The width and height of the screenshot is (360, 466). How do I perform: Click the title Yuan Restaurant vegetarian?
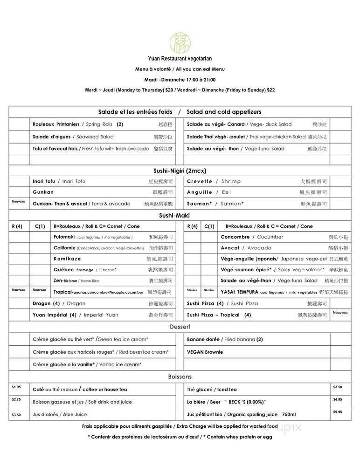point(180,59)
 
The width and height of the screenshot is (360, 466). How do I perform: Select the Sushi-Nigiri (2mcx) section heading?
point(180,171)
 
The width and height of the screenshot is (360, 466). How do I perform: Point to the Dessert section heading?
point(180,327)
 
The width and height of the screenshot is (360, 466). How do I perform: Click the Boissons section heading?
point(180,377)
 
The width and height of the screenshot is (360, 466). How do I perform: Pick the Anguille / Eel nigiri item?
point(209,192)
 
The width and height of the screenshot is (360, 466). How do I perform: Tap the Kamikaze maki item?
point(67,259)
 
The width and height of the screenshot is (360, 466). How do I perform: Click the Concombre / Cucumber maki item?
point(252,237)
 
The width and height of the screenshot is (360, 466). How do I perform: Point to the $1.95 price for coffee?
point(16,387)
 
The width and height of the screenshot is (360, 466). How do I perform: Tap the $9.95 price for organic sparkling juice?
point(338,412)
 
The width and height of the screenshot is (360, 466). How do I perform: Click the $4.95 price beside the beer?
point(338,399)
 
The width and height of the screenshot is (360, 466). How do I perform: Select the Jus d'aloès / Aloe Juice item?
point(60,414)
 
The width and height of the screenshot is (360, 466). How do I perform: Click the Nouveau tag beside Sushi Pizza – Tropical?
point(340,313)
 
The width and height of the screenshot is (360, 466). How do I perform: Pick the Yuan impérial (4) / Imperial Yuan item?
point(76,315)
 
